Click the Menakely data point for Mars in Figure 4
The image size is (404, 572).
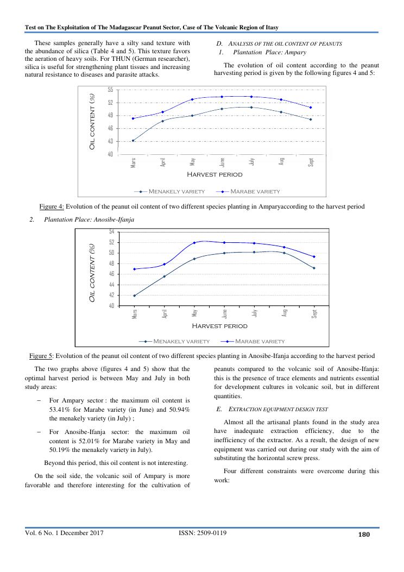click(x=133, y=141)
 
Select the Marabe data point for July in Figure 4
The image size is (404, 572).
click(x=251, y=97)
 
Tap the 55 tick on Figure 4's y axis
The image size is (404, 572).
click(x=110, y=89)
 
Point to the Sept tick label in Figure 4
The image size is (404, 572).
click(x=311, y=162)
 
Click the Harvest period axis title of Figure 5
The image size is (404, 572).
click(x=219, y=326)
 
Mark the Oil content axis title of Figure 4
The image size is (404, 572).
click(x=92, y=122)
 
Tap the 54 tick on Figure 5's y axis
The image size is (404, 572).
click(x=112, y=231)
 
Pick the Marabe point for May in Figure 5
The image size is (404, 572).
click(x=194, y=243)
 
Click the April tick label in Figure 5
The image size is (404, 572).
click(x=165, y=313)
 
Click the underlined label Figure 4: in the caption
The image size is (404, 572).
click(x=52, y=206)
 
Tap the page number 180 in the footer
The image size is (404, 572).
click(x=364, y=535)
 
